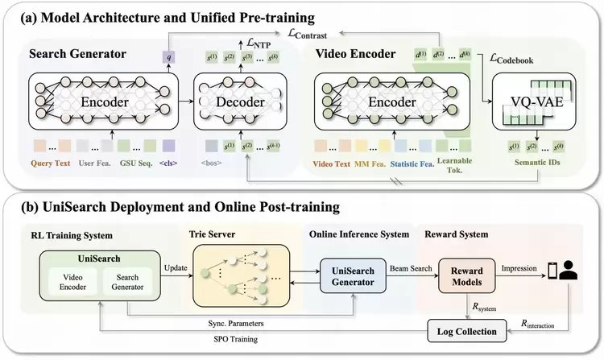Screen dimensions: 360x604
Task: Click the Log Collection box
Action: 462,329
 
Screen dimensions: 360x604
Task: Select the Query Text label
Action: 48,162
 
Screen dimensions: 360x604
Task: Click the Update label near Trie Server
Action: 176,267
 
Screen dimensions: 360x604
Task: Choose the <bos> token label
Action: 212,162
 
